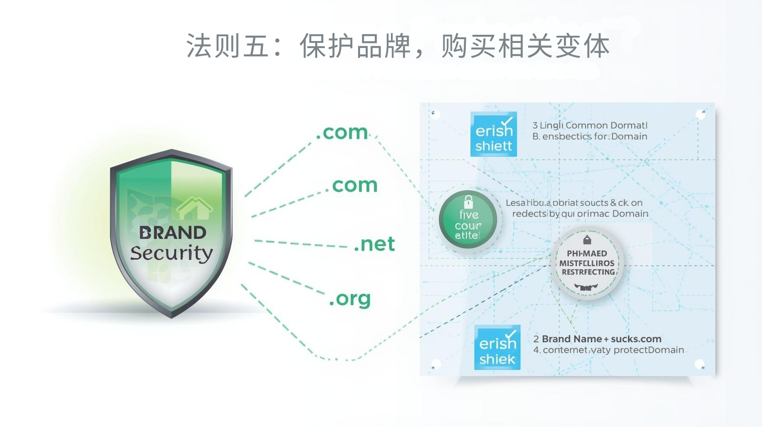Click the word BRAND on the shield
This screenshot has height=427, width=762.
[172, 233]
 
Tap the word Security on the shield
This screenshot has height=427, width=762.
[171, 253]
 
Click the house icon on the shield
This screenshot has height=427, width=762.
[195, 208]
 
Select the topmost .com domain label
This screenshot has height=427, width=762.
[342, 132]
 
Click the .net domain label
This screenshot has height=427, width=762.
[374, 244]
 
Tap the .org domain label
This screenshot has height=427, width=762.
[350, 299]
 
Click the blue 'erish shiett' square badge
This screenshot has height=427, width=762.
[493, 134]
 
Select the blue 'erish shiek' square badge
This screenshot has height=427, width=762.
[497, 347]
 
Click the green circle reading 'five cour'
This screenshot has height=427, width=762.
[468, 220]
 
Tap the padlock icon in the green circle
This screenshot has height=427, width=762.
[469, 201]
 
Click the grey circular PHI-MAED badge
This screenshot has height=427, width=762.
[587, 264]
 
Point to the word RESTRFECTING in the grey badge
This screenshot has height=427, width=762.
[588, 272]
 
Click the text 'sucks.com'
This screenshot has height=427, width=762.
[636, 339]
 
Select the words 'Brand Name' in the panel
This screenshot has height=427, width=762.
[571, 339]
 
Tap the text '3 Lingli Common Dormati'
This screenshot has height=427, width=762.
[590, 125]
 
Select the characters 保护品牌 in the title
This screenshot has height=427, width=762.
[355, 46]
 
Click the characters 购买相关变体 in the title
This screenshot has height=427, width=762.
[525, 46]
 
